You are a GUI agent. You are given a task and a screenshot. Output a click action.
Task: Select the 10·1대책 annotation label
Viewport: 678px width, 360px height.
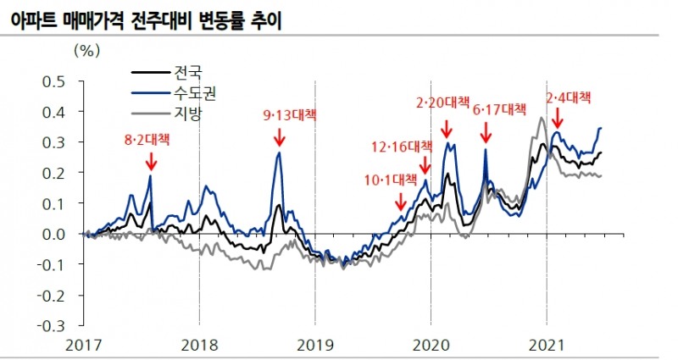tap(392, 180)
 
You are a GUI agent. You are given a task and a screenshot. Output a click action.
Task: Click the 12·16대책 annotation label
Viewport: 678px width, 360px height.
tap(402, 147)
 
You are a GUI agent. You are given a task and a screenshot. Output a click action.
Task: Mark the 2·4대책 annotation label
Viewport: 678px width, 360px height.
tap(568, 97)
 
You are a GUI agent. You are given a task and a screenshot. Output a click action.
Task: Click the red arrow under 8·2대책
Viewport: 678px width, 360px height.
tap(151, 161)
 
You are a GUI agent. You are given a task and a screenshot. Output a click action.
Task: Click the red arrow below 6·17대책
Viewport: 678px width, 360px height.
tap(486, 133)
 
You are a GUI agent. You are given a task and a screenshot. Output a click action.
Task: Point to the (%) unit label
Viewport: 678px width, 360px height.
tap(87, 49)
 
